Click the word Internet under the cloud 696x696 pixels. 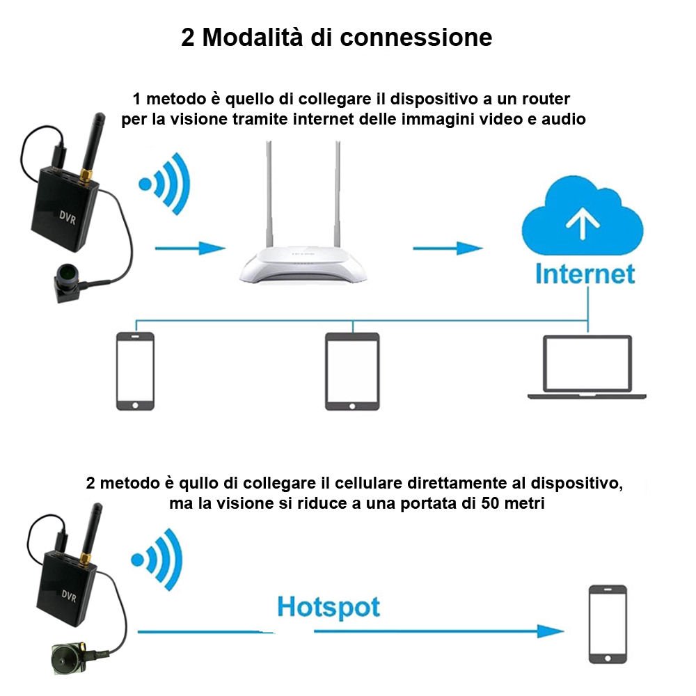coord(585,274)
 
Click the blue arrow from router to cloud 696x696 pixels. coord(448,248)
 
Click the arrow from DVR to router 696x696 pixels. coord(191,248)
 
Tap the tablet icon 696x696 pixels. coord(352,372)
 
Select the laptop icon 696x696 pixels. coord(587,367)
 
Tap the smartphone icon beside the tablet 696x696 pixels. coord(136,371)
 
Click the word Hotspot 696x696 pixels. coord(329,607)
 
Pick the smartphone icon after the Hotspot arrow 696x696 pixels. coord(608,624)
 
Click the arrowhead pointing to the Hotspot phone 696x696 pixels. coord(551,631)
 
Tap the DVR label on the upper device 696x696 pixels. coord(68,217)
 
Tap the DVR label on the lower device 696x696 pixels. coord(69,596)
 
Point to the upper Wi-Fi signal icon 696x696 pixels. coord(165,184)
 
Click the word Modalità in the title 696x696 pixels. coord(253,37)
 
